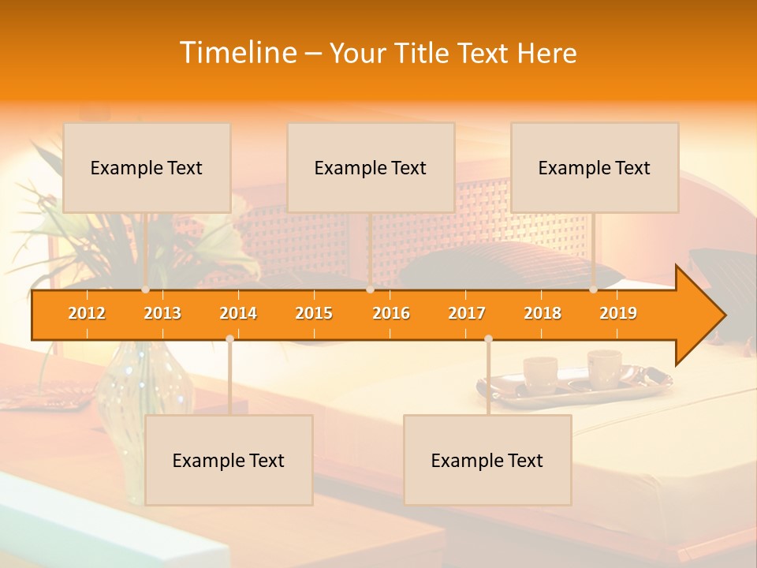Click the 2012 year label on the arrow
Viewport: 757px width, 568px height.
(87, 313)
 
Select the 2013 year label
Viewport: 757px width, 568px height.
(162, 313)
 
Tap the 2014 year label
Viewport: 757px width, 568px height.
(238, 313)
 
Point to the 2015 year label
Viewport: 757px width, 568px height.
(314, 313)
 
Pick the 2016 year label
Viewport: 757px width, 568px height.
(391, 313)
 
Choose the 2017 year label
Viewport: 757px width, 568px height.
(467, 313)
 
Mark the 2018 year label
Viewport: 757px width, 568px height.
(543, 313)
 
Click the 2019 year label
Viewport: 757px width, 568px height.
(618, 313)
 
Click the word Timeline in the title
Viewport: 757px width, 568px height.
(237, 53)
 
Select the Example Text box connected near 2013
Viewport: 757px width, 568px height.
(147, 167)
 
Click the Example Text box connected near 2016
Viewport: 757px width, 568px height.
(371, 167)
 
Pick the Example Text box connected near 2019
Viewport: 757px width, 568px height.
(595, 167)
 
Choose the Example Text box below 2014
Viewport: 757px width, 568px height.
(229, 460)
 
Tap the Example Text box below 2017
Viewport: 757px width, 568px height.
(487, 460)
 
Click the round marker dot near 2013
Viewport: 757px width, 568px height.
(146, 290)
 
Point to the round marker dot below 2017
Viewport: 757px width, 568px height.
(488, 339)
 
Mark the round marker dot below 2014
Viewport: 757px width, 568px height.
(229, 339)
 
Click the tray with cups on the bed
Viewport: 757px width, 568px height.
(574, 382)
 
